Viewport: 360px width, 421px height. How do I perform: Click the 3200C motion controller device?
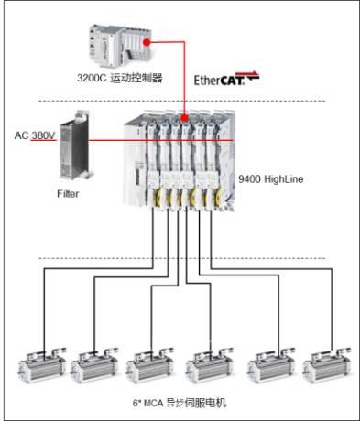click(x=120, y=46)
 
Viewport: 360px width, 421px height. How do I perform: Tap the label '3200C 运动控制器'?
click(x=120, y=78)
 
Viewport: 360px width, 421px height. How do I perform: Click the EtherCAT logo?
click(x=226, y=79)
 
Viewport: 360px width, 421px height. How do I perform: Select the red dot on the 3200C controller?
click(x=147, y=42)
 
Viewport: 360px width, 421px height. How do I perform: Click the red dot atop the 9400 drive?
click(x=184, y=118)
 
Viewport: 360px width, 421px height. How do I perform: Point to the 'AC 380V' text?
click(x=35, y=135)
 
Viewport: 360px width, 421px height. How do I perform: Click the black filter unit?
click(x=75, y=146)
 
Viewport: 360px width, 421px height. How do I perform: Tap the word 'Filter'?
click(x=68, y=194)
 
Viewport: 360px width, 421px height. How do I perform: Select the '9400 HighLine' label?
click(x=271, y=178)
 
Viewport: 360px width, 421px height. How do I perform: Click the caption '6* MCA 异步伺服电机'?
click(x=180, y=403)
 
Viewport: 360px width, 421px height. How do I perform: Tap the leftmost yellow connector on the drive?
click(x=157, y=197)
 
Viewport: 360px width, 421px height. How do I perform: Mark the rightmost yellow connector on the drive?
click(x=216, y=197)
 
